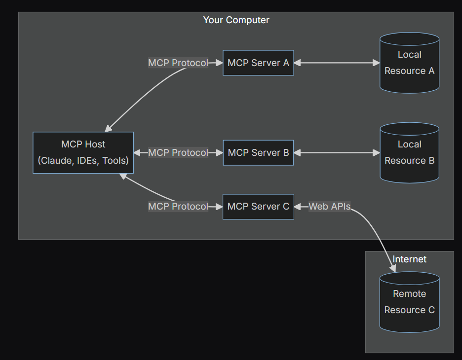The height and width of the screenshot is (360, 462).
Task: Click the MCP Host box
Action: [x=83, y=152]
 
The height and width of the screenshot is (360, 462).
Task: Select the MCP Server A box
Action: [x=258, y=63]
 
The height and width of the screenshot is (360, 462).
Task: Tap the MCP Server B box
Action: [x=258, y=153]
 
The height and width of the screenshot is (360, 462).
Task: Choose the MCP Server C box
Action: [x=258, y=207]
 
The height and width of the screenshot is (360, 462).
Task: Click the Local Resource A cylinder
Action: [x=409, y=63]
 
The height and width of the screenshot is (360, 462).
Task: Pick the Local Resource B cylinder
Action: [x=409, y=153]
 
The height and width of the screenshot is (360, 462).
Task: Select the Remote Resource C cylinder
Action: [x=409, y=302]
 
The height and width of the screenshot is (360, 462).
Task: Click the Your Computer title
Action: [x=236, y=20]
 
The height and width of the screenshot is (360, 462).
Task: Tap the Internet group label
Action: [x=409, y=259]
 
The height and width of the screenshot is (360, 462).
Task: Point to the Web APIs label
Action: [x=329, y=207]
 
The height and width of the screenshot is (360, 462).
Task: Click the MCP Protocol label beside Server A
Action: [x=178, y=63]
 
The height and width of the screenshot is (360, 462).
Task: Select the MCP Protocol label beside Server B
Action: [x=178, y=153]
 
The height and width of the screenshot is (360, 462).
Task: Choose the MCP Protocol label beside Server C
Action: [x=178, y=207]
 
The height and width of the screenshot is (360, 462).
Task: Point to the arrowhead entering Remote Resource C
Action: [x=393, y=268]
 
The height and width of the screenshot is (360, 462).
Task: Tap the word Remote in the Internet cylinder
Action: [x=409, y=294]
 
